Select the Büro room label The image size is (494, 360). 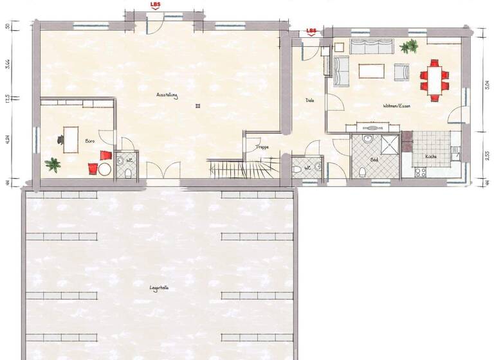(90, 140)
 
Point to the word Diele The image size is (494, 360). (309, 100)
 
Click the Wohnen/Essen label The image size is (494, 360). (396, 105)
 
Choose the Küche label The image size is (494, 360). (430, 157)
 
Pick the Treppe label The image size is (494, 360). (262, 147)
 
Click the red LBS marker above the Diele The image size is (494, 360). (312, 31)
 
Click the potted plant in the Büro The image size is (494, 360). (53, 164)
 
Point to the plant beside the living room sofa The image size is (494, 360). (408, 46)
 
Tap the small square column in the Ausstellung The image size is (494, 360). (200, 105)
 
